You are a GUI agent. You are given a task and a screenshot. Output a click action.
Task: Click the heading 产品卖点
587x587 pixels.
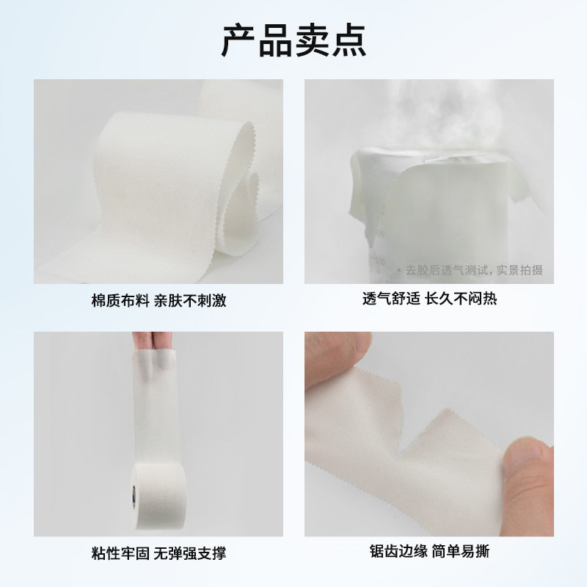click(293, 41)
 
